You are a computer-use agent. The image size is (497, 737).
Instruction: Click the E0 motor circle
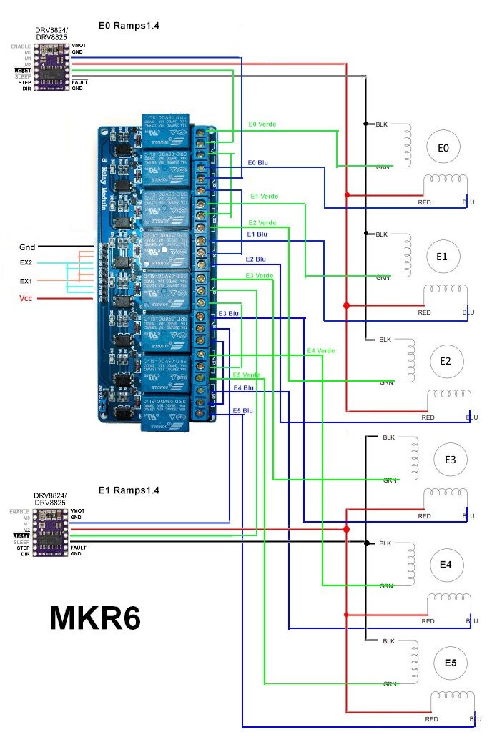coord(443,148)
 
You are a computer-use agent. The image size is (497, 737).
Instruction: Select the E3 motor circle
coord(451,460)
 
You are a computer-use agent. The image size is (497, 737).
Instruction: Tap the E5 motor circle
coord(451,663)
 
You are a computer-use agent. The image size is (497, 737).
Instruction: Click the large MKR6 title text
coord(94,618)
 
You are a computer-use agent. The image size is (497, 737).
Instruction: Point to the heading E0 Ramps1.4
coord(129,26)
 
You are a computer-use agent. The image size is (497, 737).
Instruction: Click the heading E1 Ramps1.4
coord(129,490)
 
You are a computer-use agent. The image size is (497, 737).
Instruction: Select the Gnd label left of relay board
coord(26,247)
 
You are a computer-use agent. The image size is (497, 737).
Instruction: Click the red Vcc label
coord(26,297)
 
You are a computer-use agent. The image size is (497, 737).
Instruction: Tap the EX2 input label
coord(26,264)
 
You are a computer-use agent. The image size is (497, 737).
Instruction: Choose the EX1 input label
coord(26,281)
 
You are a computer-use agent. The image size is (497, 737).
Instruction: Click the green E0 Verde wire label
coord(262,124)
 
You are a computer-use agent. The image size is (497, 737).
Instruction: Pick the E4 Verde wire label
coord(320,351)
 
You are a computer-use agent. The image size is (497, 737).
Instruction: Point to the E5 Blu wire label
coord(242,411)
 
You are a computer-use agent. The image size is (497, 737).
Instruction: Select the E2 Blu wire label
coord(255,259)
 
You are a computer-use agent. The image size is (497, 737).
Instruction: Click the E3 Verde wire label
coord(260,276)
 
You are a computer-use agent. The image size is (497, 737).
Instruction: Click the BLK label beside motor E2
coord(385,340)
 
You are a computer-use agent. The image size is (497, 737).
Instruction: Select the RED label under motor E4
coord(428,621)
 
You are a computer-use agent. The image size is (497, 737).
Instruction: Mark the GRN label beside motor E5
coord(390,684)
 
